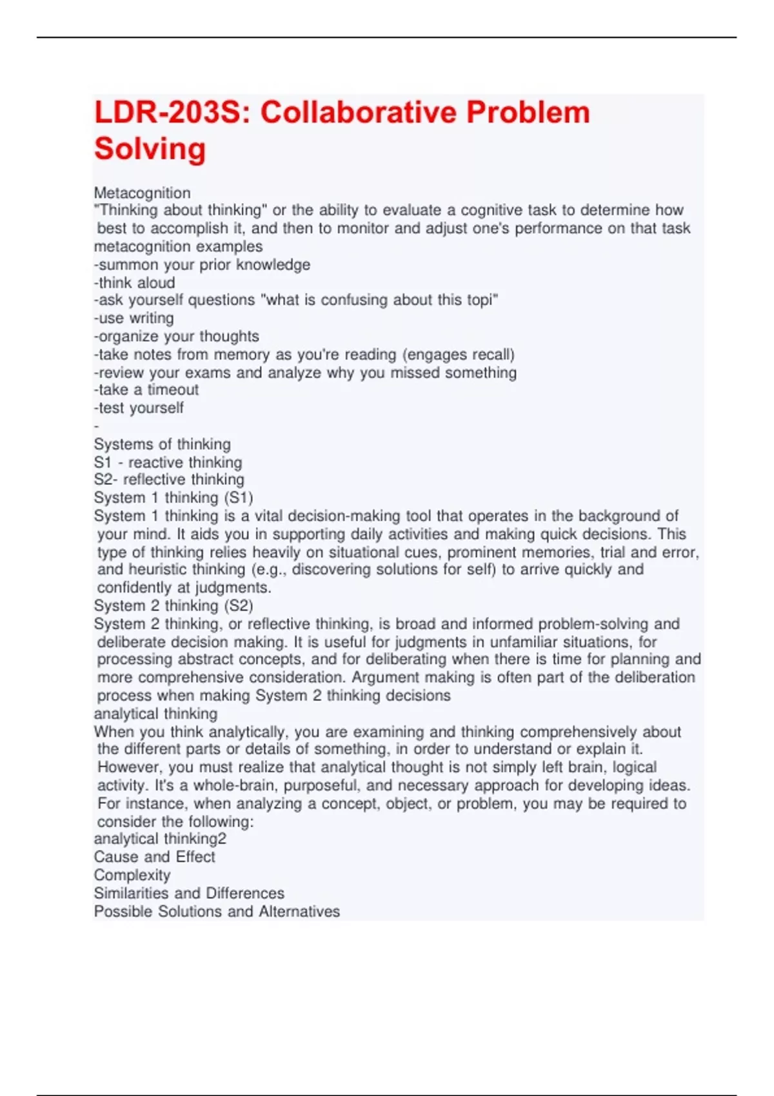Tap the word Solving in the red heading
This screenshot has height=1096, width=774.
[150, 149]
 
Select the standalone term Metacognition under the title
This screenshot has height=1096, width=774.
[142, 193]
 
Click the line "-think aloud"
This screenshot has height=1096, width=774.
[134, 282]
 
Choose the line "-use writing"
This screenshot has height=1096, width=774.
[134, 318]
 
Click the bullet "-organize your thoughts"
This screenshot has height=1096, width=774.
[176, 336]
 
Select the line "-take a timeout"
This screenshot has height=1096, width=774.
[146, 389]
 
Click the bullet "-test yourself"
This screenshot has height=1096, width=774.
[139, 407]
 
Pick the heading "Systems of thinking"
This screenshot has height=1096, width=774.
[162, 444]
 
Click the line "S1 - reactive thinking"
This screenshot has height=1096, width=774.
[168, 462]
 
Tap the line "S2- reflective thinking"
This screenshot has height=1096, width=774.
[169, 480]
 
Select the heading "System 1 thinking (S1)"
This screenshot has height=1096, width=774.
[174, 498]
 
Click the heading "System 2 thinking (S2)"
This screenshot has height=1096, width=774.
[174, 605]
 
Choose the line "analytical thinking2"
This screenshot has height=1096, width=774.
[160, 839]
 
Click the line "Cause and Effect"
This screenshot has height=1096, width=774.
[154, 857]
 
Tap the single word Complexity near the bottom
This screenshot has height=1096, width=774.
[132, 875]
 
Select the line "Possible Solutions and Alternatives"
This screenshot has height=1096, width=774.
[217, 911]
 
